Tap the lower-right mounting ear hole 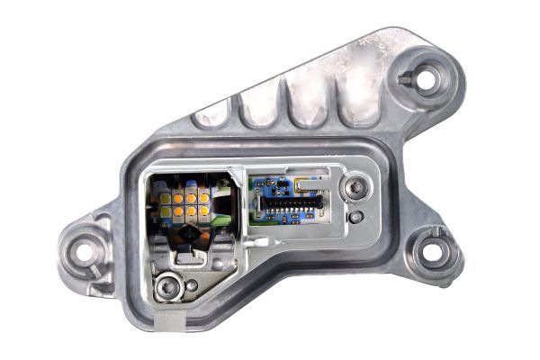point(433,251)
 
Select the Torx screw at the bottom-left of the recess point(165,288)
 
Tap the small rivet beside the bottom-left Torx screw point(191,285)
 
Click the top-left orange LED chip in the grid point(179,196)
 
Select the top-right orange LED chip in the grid point(204,195)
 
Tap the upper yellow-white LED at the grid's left point(166,197)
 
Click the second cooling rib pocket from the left point(261,106)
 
